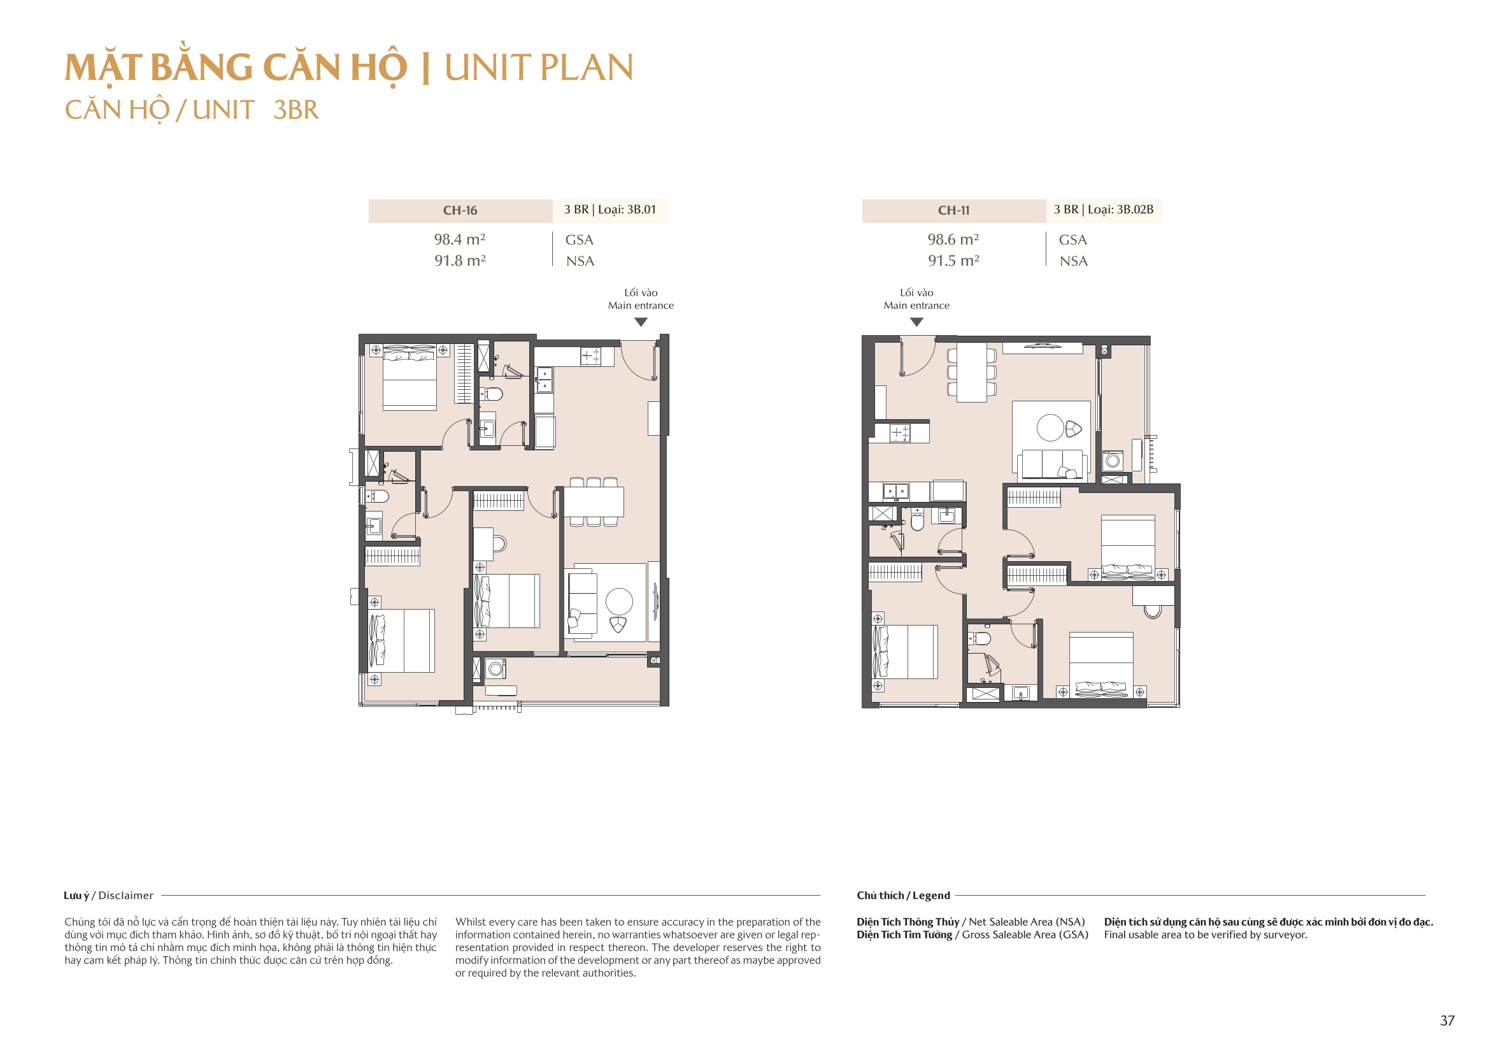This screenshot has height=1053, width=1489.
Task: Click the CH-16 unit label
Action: (x=460, y=210)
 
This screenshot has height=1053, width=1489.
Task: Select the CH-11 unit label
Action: (x=953, y=210)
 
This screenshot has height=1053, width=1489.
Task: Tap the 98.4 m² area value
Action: (x=459, y=240)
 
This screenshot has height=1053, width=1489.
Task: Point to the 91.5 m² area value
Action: (x=953, y=261)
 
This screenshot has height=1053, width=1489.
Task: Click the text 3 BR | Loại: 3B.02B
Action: (x=1103, y=210)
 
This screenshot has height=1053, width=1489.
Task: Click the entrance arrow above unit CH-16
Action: (x=641, y=322)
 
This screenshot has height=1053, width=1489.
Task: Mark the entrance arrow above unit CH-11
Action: (x=916, y=322)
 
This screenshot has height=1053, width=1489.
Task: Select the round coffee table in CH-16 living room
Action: (x=618, y=601)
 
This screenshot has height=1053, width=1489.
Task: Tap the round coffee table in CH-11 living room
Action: (x=1050, y=427)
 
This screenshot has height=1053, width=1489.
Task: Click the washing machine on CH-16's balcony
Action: (x=496, y=669)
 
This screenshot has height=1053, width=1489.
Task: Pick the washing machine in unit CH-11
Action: (x=1113, y=461)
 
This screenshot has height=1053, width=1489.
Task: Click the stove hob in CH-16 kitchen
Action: (x=590, y=355)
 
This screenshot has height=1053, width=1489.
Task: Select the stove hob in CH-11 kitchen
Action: (x=899, y=433)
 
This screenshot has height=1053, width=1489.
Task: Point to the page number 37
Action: (x=1447, y=1021)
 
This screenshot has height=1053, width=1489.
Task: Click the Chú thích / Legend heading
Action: (x=902, y=896)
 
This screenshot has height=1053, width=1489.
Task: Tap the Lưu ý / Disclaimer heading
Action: (x=108, y=896)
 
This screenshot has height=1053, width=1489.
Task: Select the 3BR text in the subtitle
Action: (x=296, y=110)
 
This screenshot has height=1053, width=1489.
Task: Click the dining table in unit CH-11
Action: (x=971, y=373)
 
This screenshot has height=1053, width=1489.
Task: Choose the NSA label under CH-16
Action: (x=580, y=261)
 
